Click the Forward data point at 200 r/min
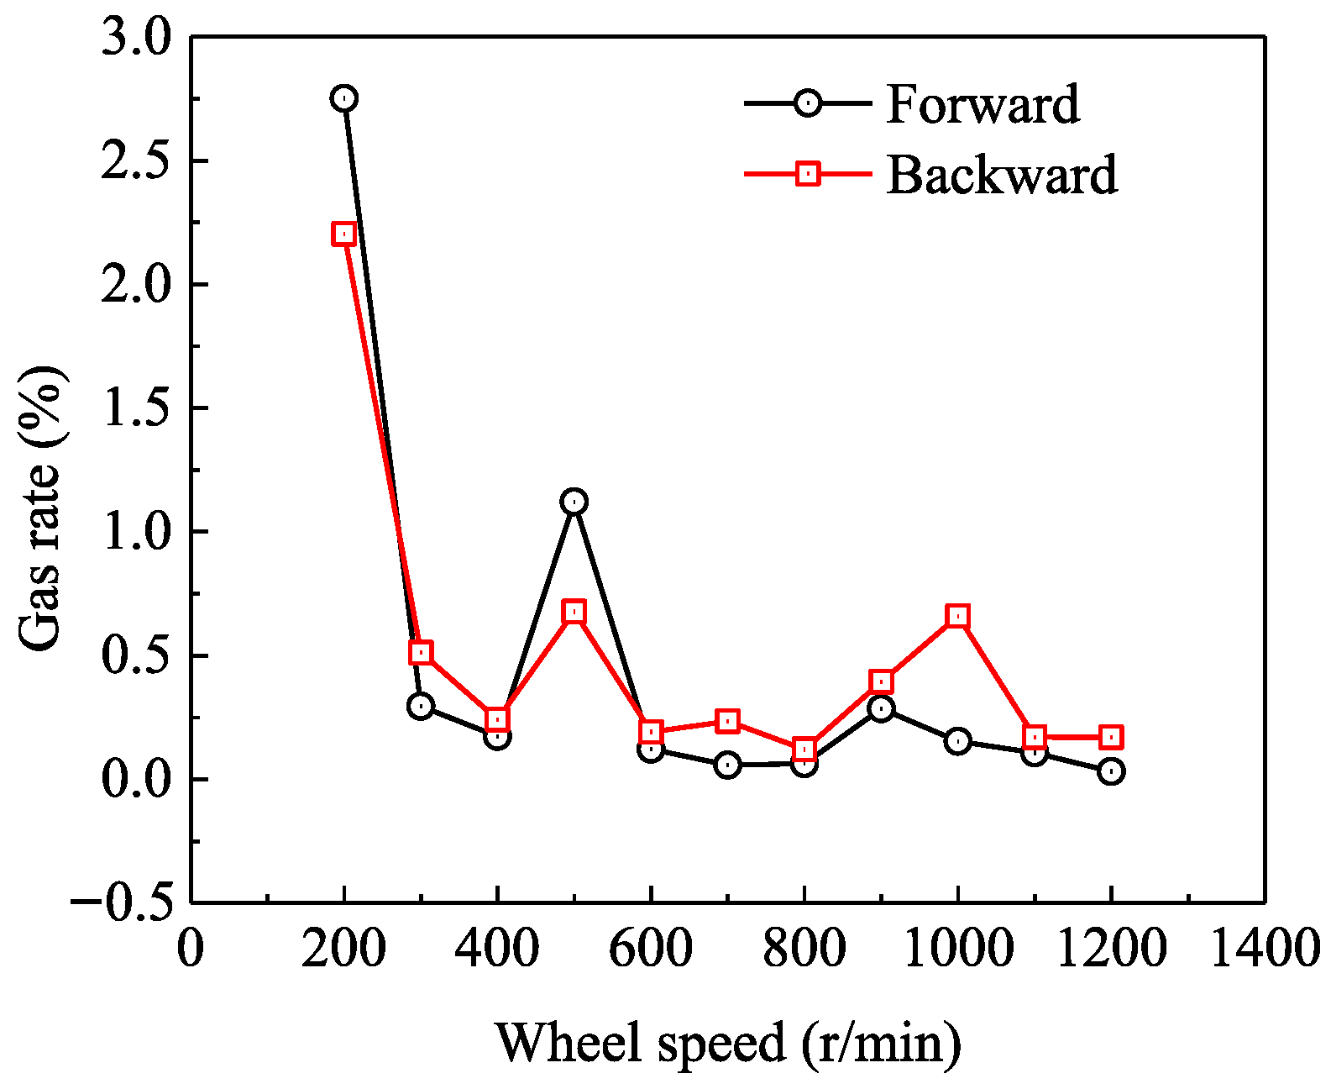click(343, 98)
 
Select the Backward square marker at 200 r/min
click(343, 234)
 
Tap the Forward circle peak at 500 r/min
click(574, 502)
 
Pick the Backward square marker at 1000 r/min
click(957, 616)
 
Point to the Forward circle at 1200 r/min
click(1111, 771)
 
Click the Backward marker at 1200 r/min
click(1111, 738)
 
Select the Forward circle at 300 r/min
click(421, 706)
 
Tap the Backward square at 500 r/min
click(574, 612)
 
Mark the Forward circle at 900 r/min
click(881, 708)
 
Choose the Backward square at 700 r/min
click(727, 721)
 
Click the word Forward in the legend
click(983, 104)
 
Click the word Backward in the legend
click(1002, 175)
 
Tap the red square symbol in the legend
click(808, 174)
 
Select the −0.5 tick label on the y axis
click(121, 902)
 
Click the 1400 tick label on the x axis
click(1264, 949)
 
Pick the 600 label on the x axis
click(651, 949)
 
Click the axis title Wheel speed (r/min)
click(728, 1042)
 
